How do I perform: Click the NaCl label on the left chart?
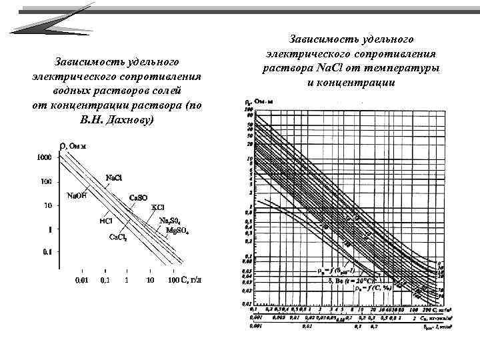(x=115, y=177)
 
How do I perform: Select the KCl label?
(x=158, y=207)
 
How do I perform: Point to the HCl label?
(x=105, y=221)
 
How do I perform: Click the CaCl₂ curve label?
(x=118, y=237)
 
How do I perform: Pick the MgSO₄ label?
(x=177, y=231)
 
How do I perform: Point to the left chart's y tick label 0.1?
(x=46, y=252)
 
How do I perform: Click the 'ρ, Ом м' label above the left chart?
(x=73, y=146)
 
